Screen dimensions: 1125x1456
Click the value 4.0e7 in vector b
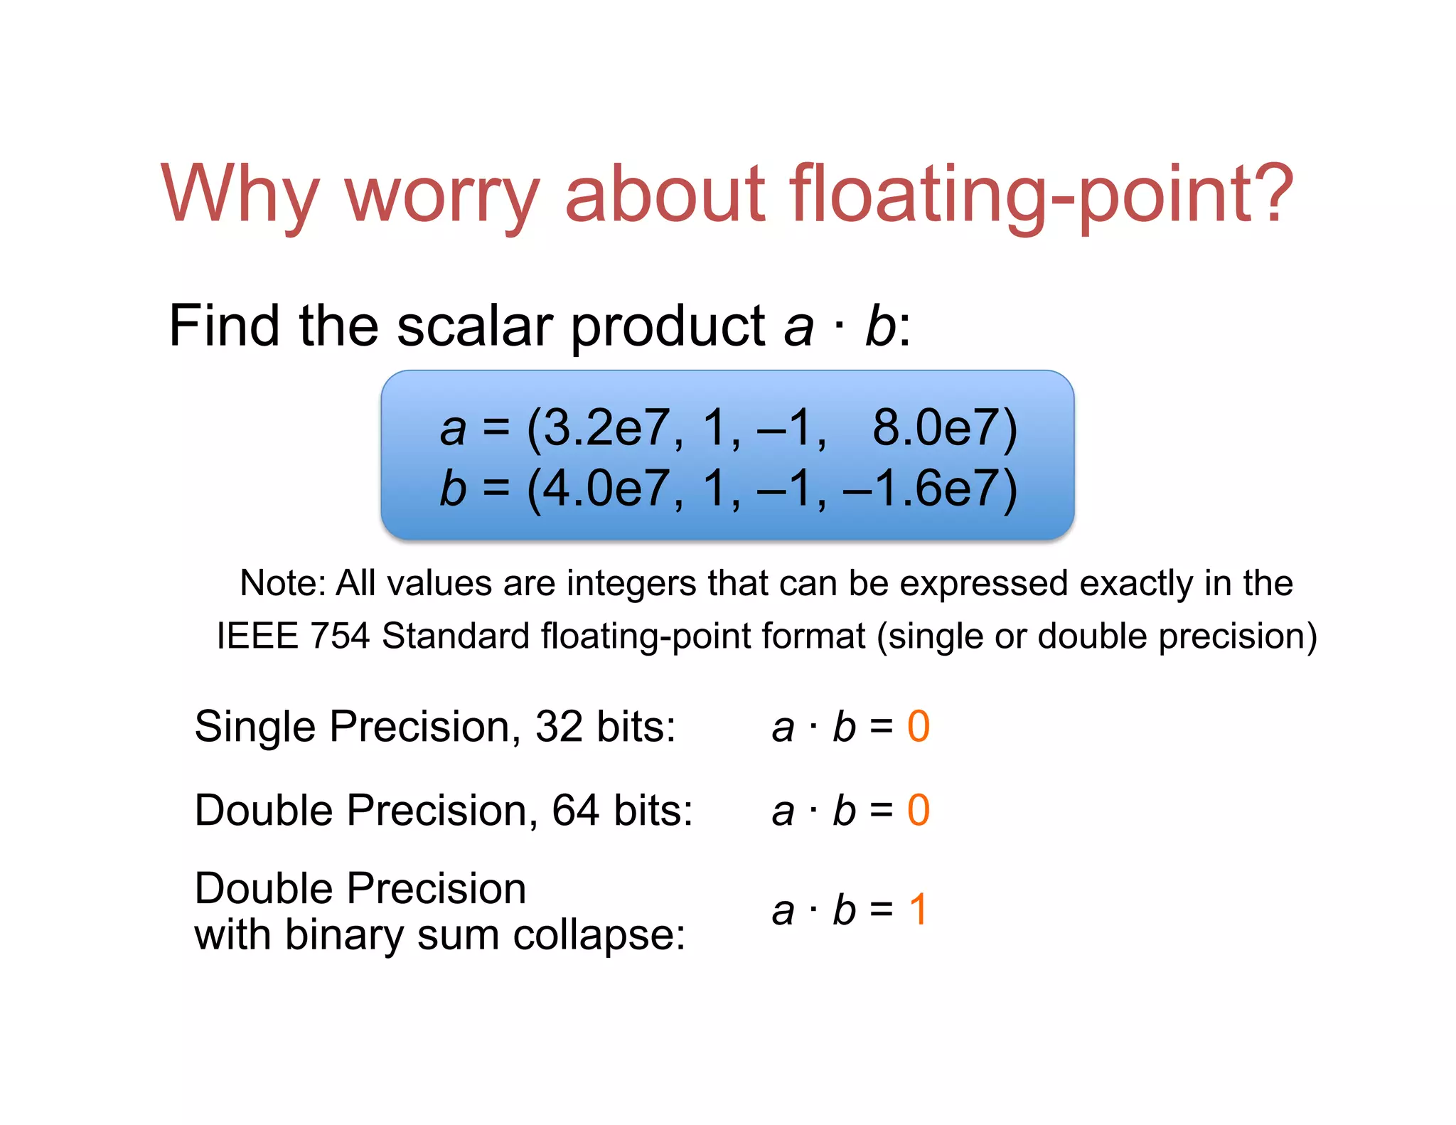(604, 489)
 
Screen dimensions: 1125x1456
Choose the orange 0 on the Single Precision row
(918, 727)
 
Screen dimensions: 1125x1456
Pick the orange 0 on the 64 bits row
(918, 810)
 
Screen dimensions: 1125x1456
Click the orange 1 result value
(919, 910)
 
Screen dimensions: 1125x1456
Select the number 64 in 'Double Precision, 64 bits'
(575, 810)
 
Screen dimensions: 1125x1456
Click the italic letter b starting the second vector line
(453, 489)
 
